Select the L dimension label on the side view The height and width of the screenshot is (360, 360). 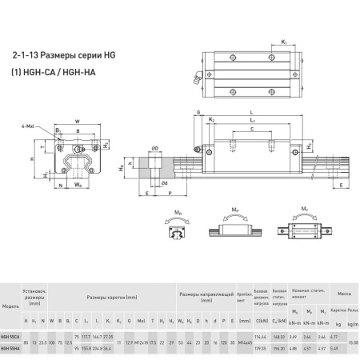252,113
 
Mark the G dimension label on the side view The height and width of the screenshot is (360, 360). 192,117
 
